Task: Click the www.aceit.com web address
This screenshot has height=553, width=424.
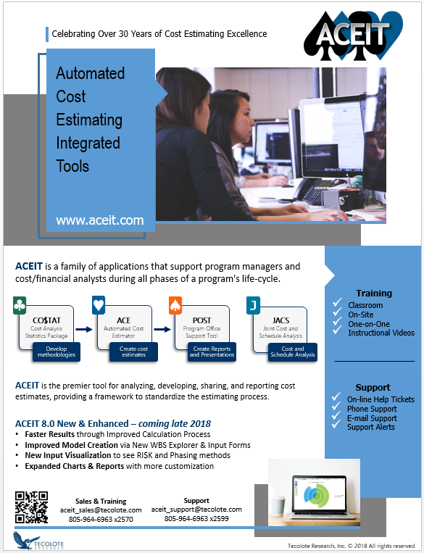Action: pos(100,220)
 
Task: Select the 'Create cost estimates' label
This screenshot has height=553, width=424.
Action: pos(133,352)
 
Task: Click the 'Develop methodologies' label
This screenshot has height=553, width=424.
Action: pos(54,352)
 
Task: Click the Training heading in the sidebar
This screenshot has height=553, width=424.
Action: pos(374,294)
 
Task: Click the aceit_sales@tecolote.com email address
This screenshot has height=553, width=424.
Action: pos(101,510)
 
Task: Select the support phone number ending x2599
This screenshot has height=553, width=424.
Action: pos(196,518)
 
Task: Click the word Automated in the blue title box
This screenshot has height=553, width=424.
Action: pos(91,73)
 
